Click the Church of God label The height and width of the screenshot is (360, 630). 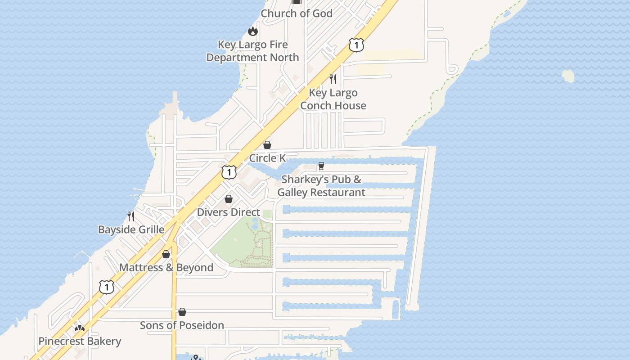[x=297, y=13]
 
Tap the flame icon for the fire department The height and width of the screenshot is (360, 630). [x=253, y=31]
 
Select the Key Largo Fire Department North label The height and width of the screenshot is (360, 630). [x=252, y=51]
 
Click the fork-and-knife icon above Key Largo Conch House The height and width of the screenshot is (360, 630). [x=333, y=79]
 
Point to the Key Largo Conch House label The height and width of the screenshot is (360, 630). [x=333, y=99]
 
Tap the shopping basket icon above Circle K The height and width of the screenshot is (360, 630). [x=267, y=145]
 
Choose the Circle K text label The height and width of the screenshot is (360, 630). [x=267, y=158]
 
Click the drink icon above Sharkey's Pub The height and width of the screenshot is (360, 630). [x=321, y=166]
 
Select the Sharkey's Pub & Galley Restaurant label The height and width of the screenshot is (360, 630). [x=321, y=186]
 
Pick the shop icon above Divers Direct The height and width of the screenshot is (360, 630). [x=229, y=199]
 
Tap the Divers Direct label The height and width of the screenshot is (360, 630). [x=229, y=212]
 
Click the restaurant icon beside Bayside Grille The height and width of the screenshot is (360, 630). [x=131, y=216]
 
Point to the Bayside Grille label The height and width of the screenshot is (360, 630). [x=131, y=229]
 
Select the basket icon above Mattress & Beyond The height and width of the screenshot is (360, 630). [x=166, y=254]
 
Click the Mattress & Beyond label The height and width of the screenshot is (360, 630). [x=166, y=267]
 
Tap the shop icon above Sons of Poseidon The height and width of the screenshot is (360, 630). [x=182, y=312]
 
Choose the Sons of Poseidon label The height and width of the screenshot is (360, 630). [x=182, y=325]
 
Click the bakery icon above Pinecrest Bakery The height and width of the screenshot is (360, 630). [x=80, y=328]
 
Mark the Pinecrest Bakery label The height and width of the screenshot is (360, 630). [x=80, y=341]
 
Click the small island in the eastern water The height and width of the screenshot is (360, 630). [x=568, y=76]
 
